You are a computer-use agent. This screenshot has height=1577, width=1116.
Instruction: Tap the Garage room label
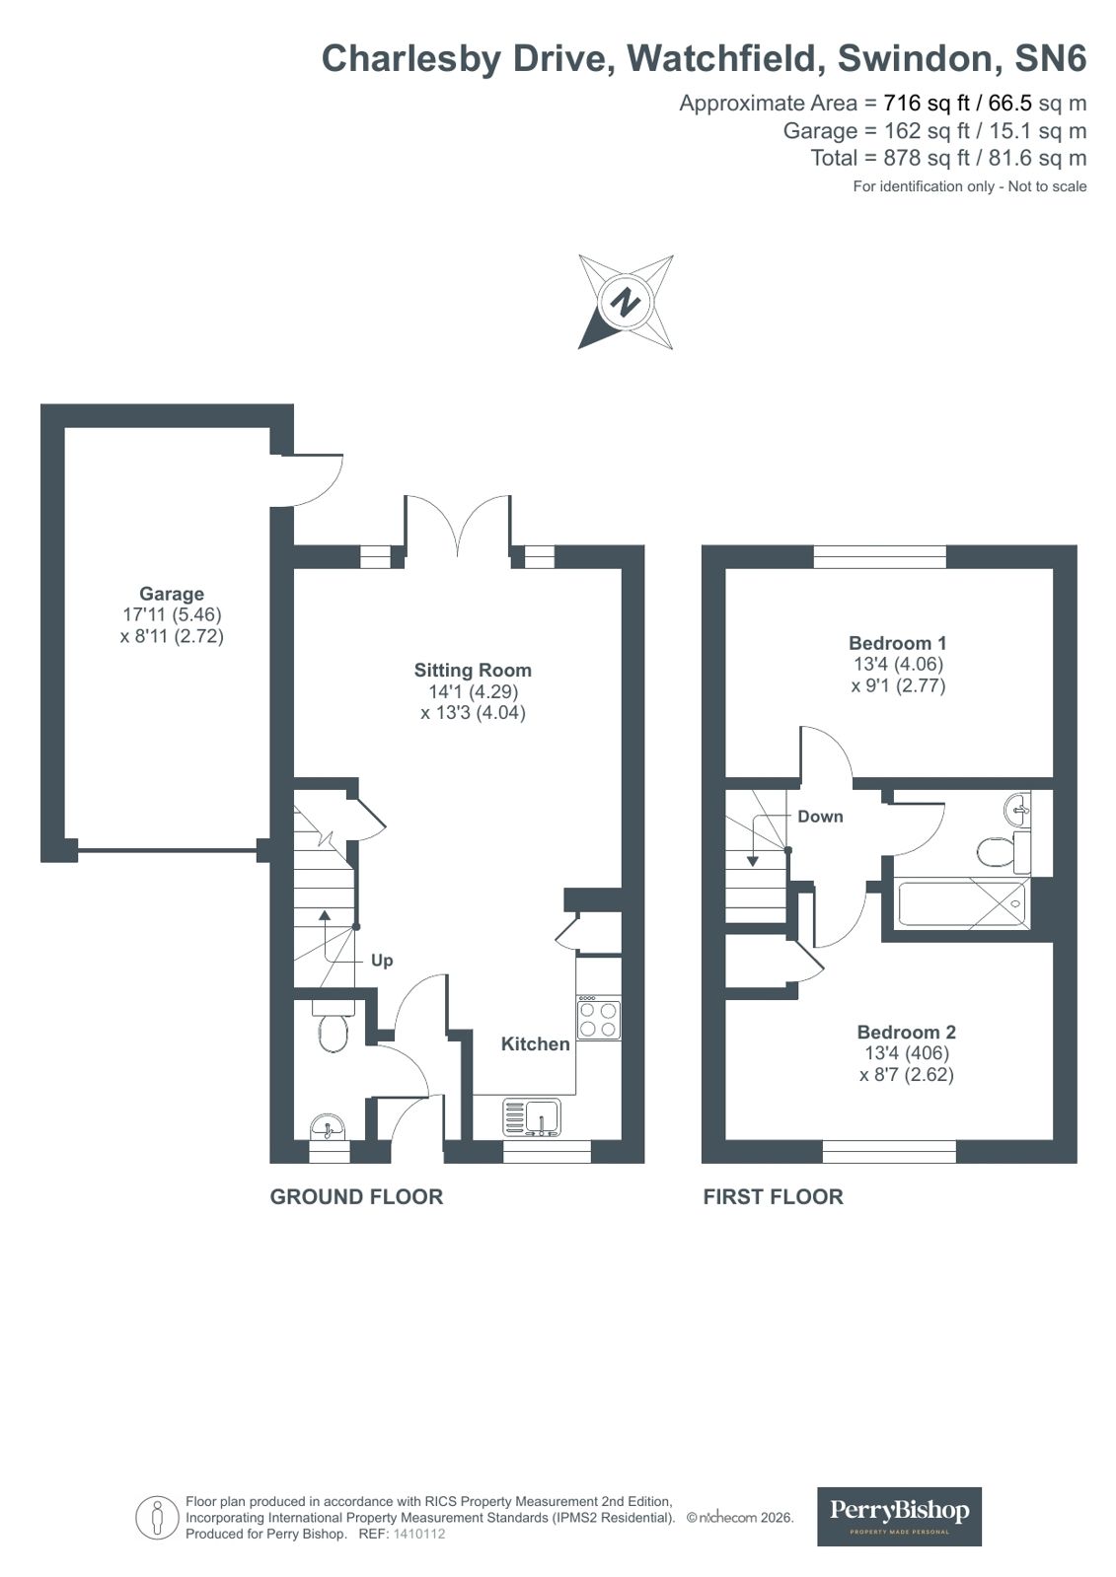click(x=172, y=594)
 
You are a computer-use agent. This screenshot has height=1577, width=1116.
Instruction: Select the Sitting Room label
click(x=473, y=670)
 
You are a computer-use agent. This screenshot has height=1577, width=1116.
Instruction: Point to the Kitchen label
click(x=535, y=1043)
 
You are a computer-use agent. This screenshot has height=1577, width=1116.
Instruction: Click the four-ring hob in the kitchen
click(x=599, y=1019)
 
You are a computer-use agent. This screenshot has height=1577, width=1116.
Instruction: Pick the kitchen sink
click(x=542, y=1117)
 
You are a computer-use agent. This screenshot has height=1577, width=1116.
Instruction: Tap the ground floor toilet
click(x=333, y=1032)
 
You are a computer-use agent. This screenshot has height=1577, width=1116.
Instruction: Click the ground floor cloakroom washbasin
click(x=327, y=1126)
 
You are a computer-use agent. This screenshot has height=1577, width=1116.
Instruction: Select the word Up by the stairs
click(x=382, y=960)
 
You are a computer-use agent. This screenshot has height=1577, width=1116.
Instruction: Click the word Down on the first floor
click(x=820, y=816)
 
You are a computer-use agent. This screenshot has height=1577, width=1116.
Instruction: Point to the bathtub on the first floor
click(x=962, y=903)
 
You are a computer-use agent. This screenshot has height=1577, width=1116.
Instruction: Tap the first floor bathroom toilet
click(x=997, y=849)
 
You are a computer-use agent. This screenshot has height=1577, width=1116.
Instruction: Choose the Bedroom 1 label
click(x=898, y=642)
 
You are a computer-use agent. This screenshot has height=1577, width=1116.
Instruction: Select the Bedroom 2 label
click(x=906, y=1032)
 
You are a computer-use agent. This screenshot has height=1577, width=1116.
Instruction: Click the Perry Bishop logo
click(x=899, y=1516)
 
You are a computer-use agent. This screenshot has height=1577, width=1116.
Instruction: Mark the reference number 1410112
click(x=419, y=1535)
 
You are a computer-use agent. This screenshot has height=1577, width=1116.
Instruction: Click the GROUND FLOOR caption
click(x=356, y=1196)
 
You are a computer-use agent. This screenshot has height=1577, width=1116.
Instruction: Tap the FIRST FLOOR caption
click(x=773, y=1196)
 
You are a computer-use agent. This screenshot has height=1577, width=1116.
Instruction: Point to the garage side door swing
click(x=314, y=479)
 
